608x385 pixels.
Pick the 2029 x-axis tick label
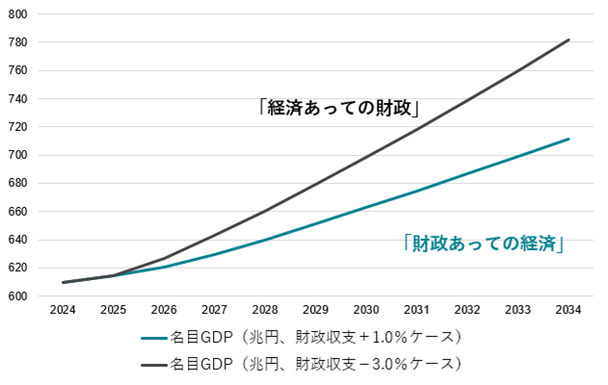pos(315,310)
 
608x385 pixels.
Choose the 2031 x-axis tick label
pos(417,310)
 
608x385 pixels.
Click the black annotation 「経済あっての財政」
pos(343,107)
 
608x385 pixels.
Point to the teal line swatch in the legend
pos(153,338)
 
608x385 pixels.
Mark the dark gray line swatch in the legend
pos(153,364)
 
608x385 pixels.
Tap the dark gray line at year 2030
pos(366,156)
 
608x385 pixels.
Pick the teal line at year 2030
pos(366,206)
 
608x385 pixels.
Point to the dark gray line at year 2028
pos(264,211)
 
